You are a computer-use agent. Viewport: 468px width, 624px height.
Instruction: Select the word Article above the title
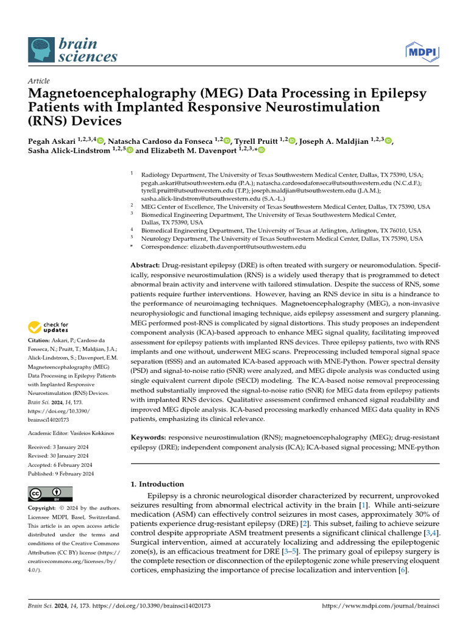click(x=38, y=81)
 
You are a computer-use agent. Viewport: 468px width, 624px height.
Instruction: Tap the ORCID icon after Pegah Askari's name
click(x=101, y=141)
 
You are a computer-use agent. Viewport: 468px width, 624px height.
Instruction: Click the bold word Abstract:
click(x=146, y=266)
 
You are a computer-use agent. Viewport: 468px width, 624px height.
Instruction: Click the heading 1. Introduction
click(x=158, y=484)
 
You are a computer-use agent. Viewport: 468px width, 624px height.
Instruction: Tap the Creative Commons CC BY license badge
click(x=50, y=494)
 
